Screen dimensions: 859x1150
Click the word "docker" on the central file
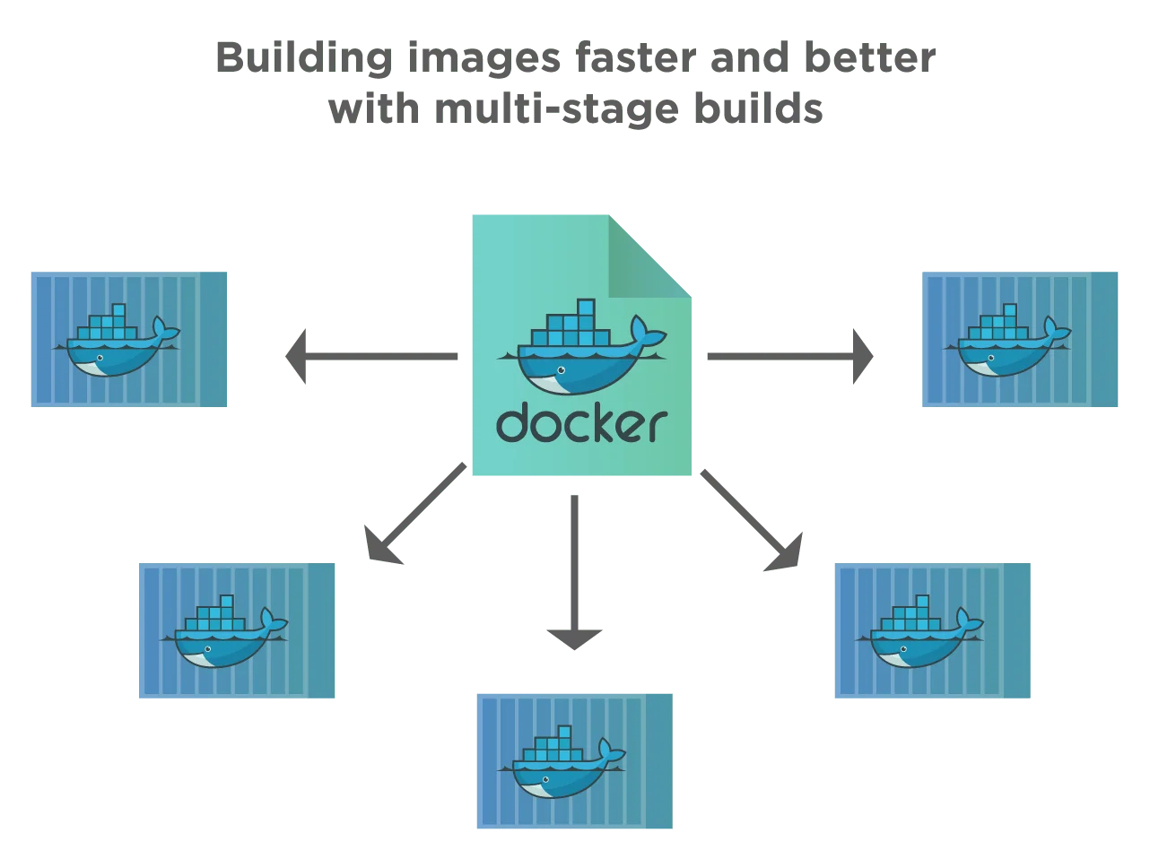tap(581, 423)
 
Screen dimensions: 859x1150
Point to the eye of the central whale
tap(562, 370)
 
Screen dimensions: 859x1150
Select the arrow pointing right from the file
tap(789, 356)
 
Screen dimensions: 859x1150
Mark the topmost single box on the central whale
tap(586, 308)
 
